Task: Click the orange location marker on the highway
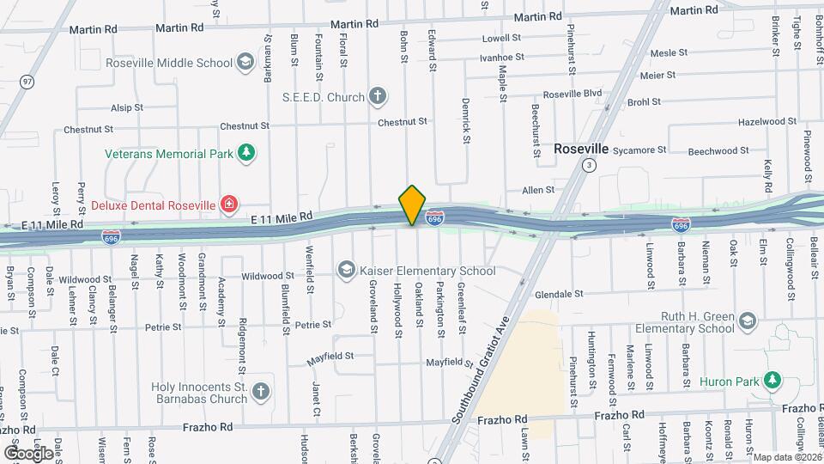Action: [413, 205]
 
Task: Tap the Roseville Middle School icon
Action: [245, 62]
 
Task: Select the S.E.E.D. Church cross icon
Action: [377, 96]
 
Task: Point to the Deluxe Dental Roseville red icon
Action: [229, 205]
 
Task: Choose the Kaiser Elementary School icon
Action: [346, 270]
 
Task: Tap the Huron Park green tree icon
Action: [772, 379]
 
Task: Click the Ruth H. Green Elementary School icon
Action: [747, 321]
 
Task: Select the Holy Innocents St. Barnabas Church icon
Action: [260, 392]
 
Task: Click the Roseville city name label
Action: [581, 148]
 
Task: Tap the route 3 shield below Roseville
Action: [588, 165]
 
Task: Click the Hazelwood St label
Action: [762, 122]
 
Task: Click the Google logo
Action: [28, 452]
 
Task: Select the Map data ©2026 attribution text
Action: [787, 457]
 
